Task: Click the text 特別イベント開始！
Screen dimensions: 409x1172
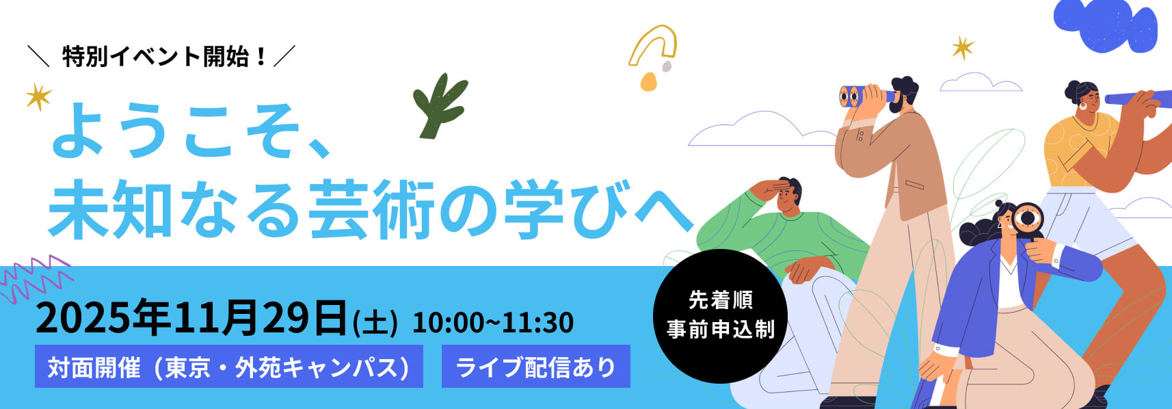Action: (x=164, y=56)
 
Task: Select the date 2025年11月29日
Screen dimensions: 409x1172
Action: (x=191, y=317)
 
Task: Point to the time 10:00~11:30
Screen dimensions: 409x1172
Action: (x=492, y=323)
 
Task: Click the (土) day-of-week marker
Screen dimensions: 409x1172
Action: (x=375, y=323)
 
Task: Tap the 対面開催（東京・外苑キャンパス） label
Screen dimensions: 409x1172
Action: (x=228, y=367)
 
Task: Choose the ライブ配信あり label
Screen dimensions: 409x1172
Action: (x=535, y=367)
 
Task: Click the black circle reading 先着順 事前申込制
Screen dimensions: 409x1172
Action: (x=720, y=315)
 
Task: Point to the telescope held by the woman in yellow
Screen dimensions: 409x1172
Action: (x=1135, y=98)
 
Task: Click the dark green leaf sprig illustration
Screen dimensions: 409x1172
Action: (x=439, y=106)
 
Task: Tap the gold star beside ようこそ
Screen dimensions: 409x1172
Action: (x=38, y=96)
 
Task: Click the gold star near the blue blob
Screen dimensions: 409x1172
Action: (x=963, y=47)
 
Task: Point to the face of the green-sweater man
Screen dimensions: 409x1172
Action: (x=787, y=198)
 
